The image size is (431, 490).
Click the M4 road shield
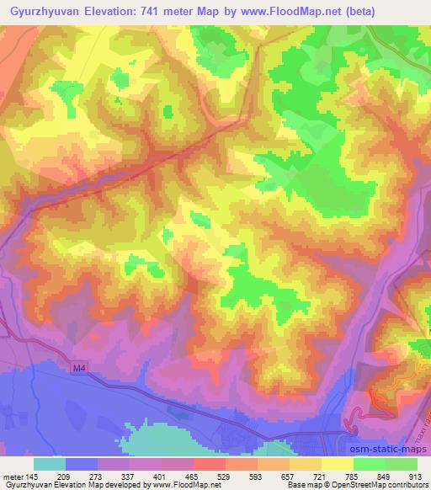click(79, 367)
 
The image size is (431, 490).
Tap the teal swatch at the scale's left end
click(50, 464)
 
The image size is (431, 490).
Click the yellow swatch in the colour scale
click(338, 464)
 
